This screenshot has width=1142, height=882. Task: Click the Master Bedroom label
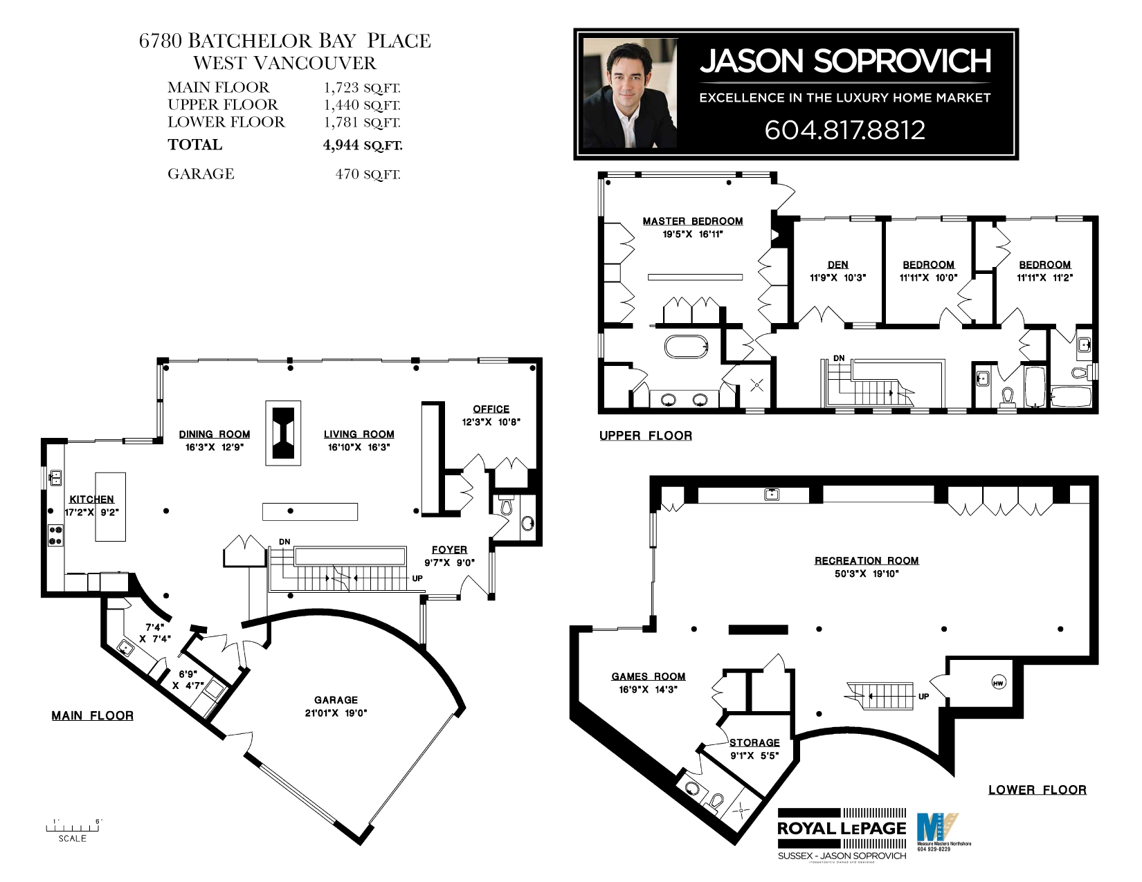(x=692, y=221)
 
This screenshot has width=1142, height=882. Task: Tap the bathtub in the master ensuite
(x=687, y=346)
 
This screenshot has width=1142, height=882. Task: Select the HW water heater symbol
(x=998, y=683)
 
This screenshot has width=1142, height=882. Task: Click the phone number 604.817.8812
(x=844, y=130)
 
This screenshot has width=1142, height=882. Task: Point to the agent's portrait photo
(x=630, y=93)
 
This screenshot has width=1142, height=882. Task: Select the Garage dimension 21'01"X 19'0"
(x=336, y=713)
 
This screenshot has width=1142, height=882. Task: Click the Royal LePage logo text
(x=841, y=828)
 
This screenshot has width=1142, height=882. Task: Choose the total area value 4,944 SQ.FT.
(x=362, y=145)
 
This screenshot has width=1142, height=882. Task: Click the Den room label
(x=837, y=264)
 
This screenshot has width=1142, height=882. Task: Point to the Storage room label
(x=754, y=742)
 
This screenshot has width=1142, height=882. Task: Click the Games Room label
(x=648, y=677)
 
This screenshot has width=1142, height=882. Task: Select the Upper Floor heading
(x=645, y=435)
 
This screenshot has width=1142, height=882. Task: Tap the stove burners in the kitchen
(x=55, y=535)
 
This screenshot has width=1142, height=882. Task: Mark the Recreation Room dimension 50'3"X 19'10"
(x=867, y=573)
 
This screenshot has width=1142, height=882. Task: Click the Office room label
(x=491, y=409)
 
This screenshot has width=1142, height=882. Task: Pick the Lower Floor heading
(x=1037, y=789)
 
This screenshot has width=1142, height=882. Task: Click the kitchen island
(x=111, y=506)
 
